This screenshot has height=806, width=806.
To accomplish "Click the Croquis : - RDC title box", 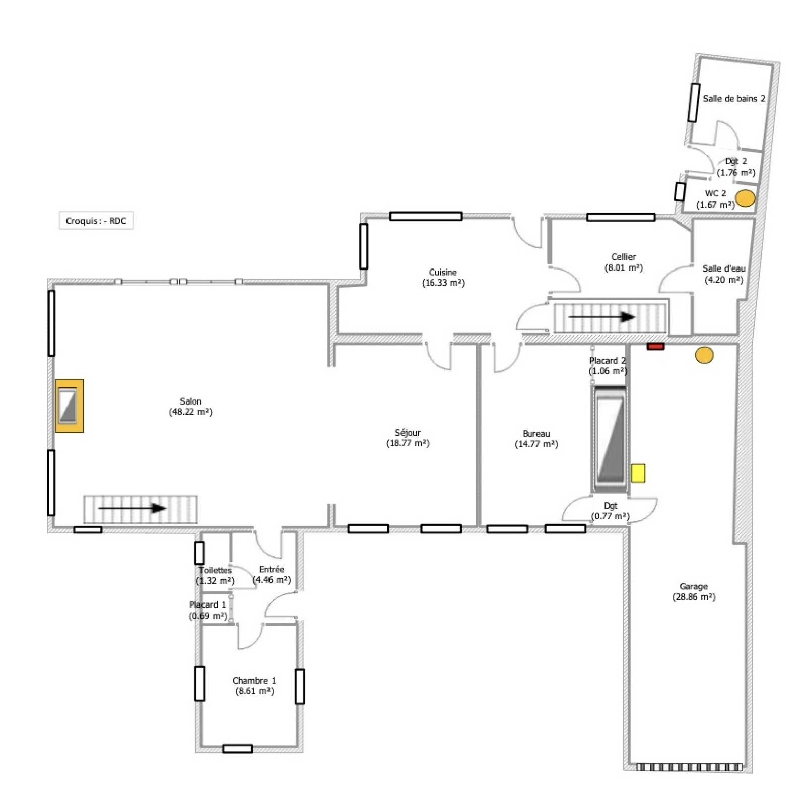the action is point(96,221).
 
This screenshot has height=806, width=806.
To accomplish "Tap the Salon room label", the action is point(191,401).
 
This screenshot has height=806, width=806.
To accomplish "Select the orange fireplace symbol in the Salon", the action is point(69,406).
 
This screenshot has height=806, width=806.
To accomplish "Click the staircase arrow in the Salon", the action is point(132,508).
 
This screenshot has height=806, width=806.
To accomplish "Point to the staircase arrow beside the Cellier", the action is point(601,317).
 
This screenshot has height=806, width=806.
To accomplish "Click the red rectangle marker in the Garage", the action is point(656,346).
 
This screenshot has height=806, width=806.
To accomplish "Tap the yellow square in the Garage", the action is point(638,474).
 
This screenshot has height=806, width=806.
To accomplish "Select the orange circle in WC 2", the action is point(745,198).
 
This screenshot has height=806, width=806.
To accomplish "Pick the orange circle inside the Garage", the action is point(704,355).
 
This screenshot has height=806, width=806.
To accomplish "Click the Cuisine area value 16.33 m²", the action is point(443,283).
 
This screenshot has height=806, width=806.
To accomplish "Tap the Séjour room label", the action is point(408,433).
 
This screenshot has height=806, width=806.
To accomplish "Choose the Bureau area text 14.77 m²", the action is point(536,444).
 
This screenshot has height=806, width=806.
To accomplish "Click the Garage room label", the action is point(694,586).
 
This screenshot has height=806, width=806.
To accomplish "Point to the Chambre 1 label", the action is point(254,681).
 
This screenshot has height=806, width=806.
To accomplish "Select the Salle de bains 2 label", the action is point(734,99).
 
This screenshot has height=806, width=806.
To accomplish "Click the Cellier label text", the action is point(624,257).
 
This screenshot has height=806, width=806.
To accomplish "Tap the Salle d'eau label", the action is point(724,268).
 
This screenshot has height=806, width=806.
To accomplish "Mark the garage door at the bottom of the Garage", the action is point(689,767).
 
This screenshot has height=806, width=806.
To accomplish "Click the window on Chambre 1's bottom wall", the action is point(238,749).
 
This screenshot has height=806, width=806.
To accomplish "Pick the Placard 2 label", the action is point(608,361).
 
